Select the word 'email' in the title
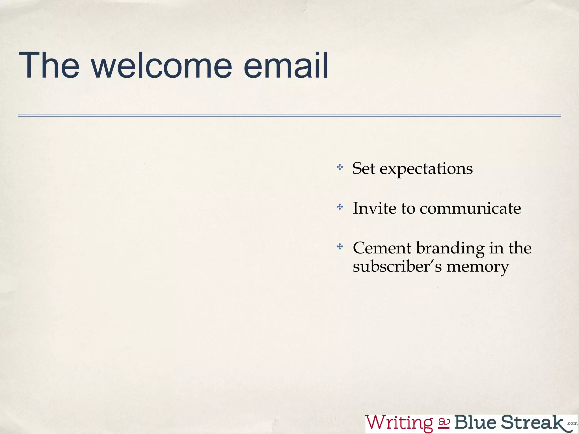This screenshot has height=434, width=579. point(286,66)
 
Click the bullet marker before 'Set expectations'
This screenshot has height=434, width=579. point(340,167)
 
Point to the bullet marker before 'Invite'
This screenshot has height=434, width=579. point(340,207)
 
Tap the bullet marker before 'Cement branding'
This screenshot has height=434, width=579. point(340,247)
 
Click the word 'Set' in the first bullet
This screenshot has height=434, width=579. point(364,169)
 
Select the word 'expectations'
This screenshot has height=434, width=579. point(426,170)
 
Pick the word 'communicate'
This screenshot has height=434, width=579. point(470,209)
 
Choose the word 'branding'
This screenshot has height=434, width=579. point(450,249)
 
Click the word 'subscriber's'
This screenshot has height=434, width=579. point(397,266)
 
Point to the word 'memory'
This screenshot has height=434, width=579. point(478,267)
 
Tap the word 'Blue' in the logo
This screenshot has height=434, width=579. point(475,422)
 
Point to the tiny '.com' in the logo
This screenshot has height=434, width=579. point(572,423)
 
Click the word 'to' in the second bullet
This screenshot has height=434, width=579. point(408,209)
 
